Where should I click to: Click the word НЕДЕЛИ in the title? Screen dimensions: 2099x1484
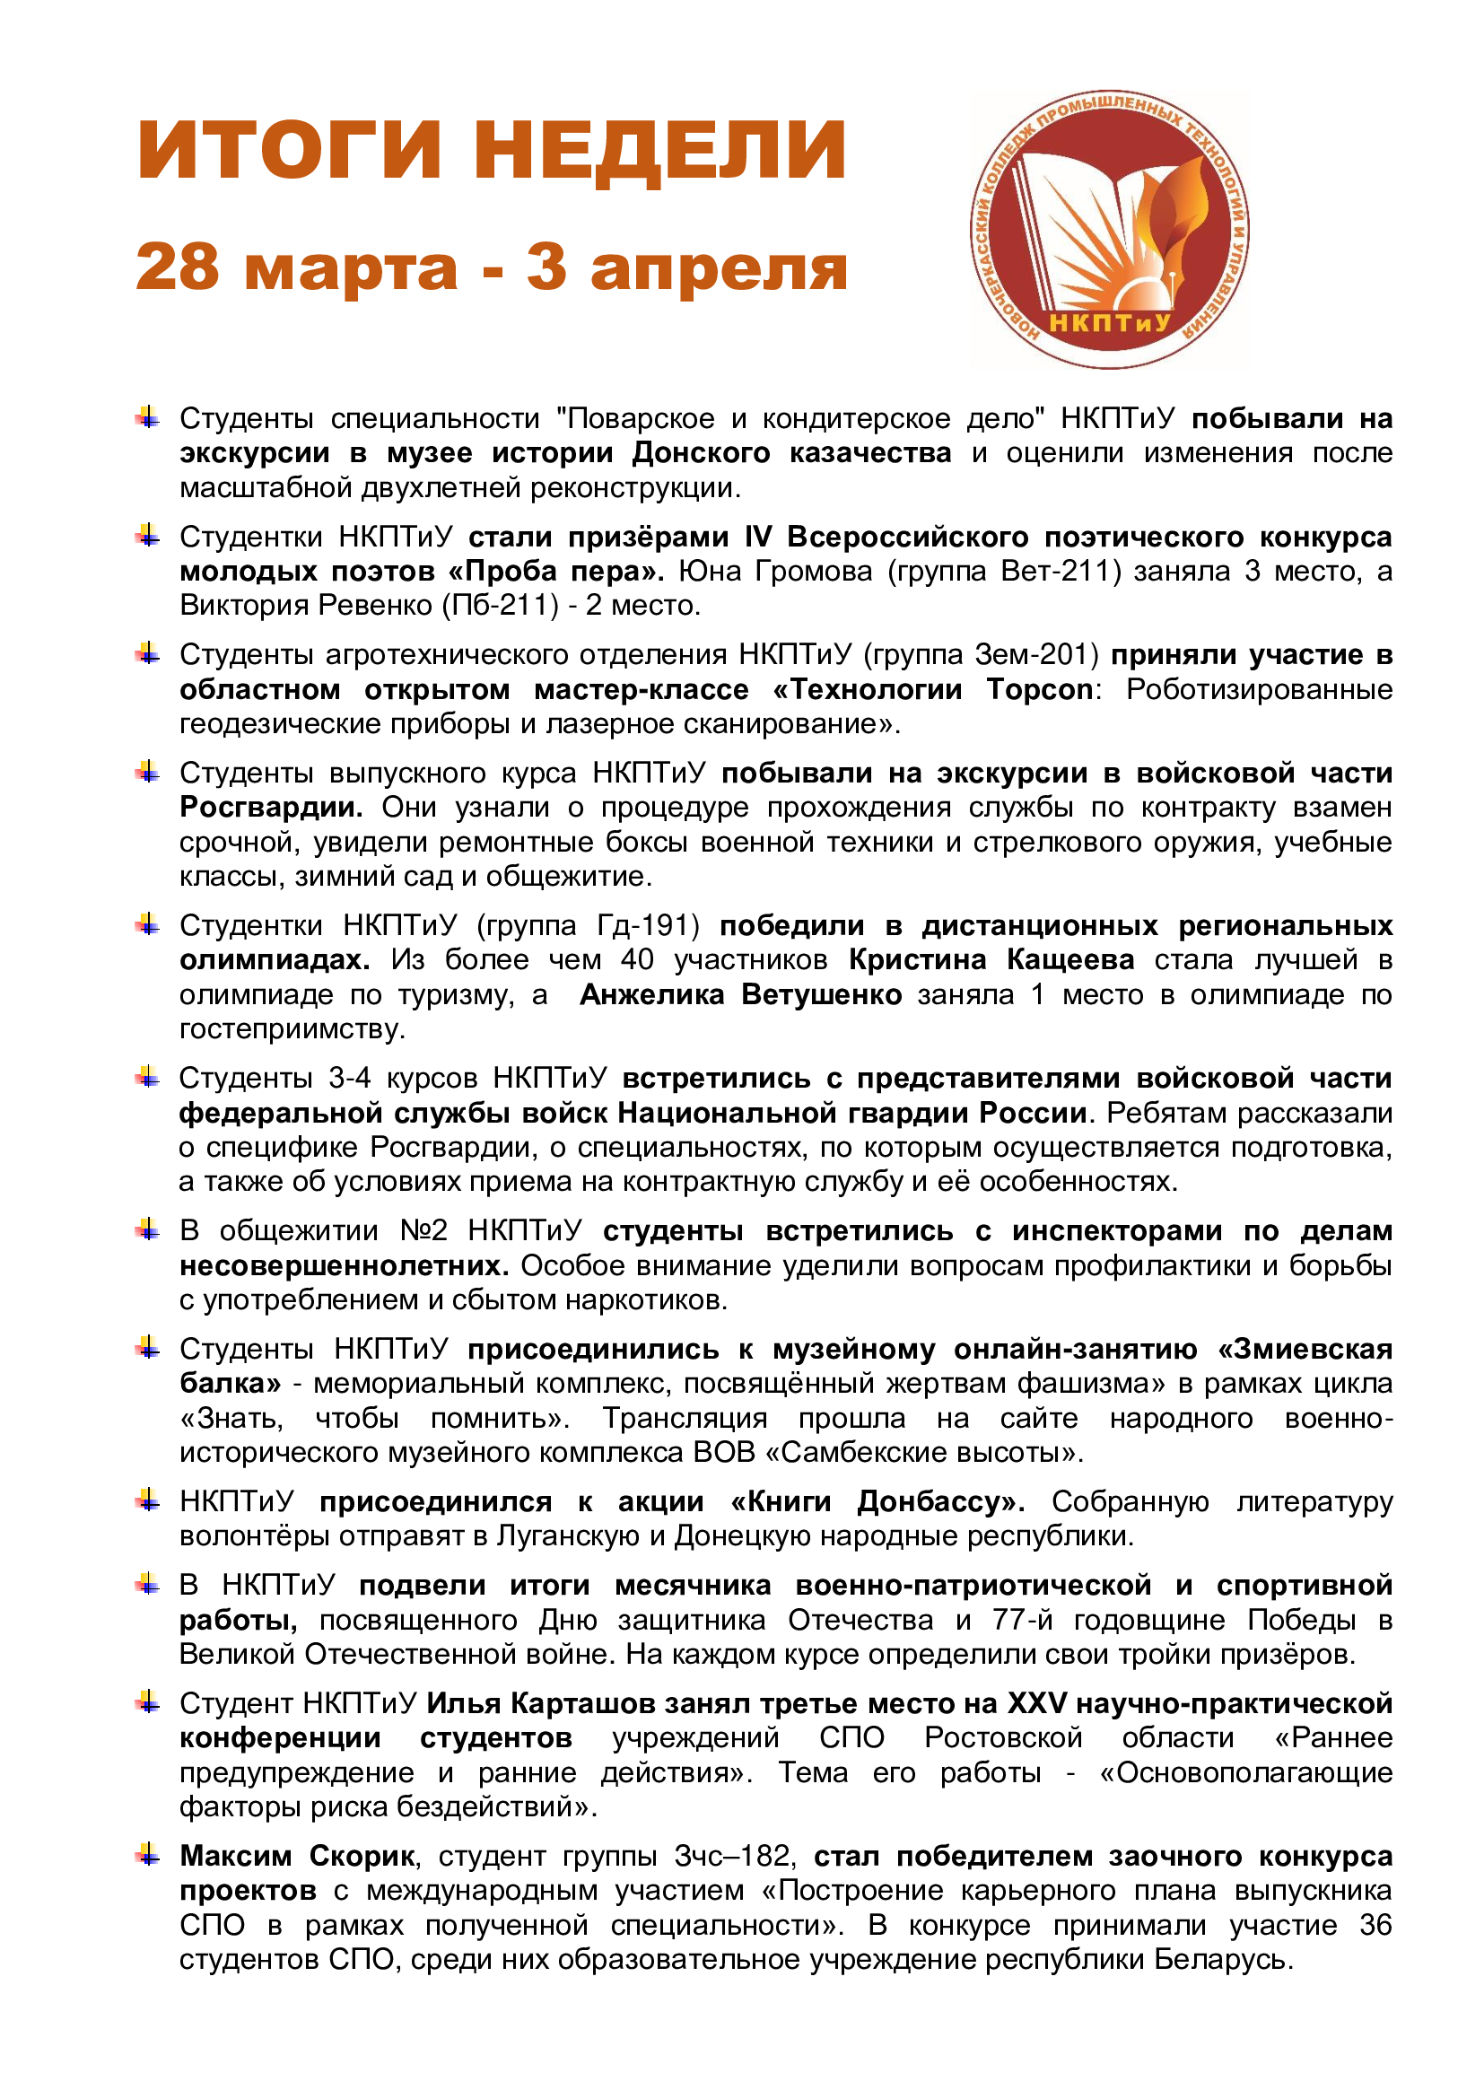(659, 151)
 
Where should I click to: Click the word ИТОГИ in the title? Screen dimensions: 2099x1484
(290, 151)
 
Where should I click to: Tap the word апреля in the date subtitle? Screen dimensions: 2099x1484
(720, 269)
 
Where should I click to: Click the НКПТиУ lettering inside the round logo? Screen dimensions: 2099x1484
(1109, 323)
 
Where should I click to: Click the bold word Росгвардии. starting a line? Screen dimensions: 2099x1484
(270, 808)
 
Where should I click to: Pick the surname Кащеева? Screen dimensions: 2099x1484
(1070, 960)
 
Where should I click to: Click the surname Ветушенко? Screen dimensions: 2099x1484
(821, 994)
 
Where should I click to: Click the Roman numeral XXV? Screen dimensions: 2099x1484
(1036, 1703)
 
